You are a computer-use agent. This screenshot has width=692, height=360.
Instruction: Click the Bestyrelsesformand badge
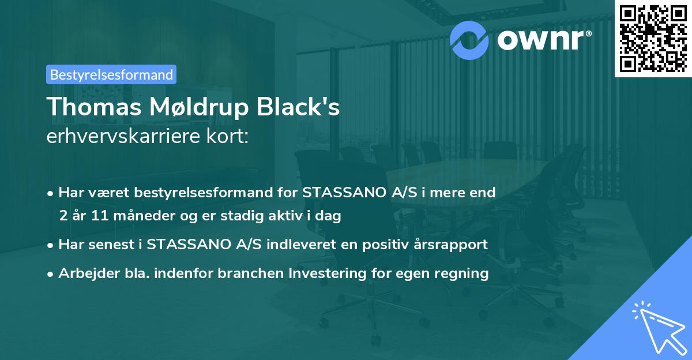coord(111,74)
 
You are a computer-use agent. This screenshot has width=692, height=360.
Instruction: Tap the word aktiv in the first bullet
coord(294,216)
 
